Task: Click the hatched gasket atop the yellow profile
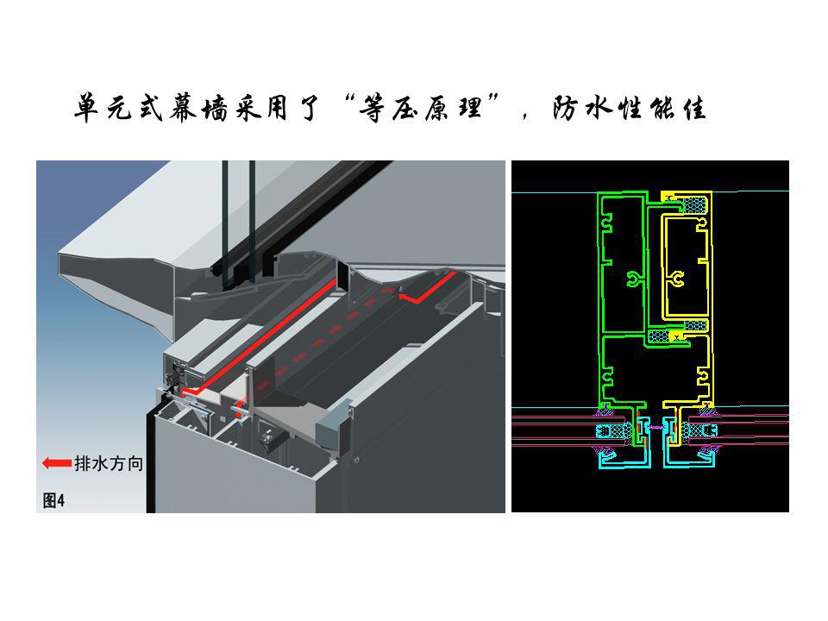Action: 693,205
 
